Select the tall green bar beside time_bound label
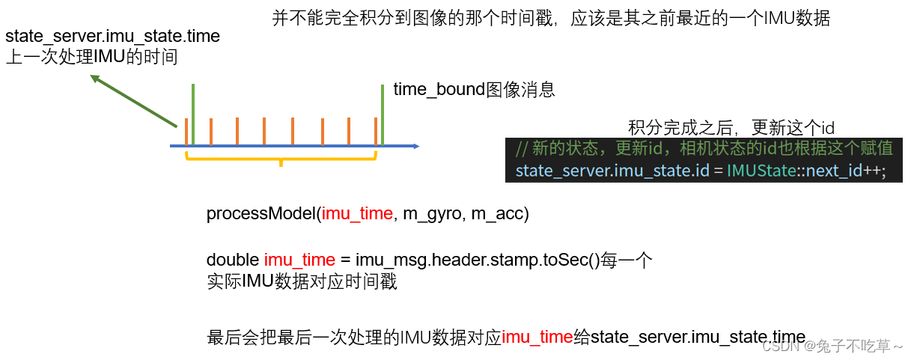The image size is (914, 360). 383,114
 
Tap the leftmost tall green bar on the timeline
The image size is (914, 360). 193,114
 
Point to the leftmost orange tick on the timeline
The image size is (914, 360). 186,132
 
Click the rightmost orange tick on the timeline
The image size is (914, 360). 376,132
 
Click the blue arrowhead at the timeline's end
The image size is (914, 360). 415,146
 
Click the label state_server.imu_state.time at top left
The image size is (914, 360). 112,36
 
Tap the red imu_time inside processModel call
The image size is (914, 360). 357,214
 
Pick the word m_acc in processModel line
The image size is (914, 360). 500,214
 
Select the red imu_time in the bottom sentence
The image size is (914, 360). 537,338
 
